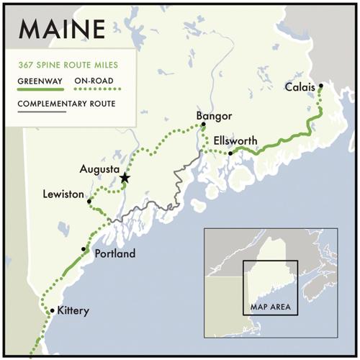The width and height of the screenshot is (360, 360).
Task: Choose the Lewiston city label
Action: [64, 194]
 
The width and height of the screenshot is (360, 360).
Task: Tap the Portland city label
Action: [109, 253]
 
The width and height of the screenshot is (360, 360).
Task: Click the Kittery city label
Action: [73, 310]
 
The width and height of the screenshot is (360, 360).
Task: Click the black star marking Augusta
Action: [125, 177]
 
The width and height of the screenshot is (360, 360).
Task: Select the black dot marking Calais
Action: [321, 86]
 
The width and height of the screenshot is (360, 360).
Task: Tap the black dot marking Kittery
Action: [52, 310]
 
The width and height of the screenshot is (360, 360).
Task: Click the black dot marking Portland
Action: [84, 249]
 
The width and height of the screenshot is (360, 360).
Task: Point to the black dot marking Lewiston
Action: [89, 202]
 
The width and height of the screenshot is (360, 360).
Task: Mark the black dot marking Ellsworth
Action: [230, 153]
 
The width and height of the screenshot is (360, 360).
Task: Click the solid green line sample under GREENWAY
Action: [40, 89]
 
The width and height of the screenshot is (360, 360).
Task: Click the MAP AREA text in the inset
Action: [270, 307]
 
